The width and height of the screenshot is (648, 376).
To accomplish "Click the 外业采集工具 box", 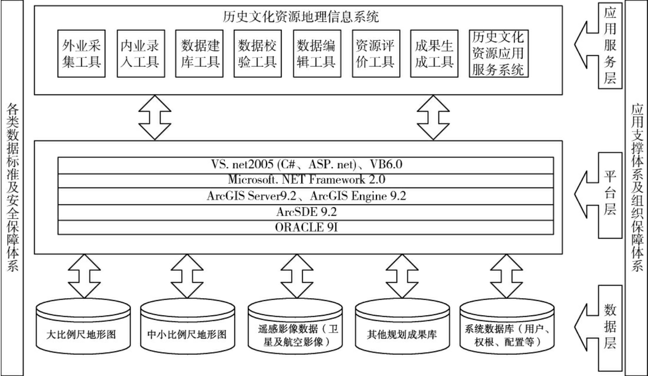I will coord(81,53).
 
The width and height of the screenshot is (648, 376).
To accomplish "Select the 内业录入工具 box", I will coord(140,53).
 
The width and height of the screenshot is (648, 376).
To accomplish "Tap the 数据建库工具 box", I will coord(199,53).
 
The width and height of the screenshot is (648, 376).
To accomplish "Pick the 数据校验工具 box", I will coord(258,53).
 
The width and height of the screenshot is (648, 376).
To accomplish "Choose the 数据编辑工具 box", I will coord(317,53).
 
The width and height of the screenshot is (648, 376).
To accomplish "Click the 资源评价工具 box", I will coord(376,53).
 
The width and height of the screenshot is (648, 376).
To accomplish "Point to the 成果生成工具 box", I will coord(434,53).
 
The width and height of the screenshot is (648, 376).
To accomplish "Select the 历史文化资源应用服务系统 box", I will coord(498,53).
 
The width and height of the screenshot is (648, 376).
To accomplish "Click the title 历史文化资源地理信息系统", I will coord(301,17).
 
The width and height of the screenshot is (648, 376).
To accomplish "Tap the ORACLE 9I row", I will coord(306,227).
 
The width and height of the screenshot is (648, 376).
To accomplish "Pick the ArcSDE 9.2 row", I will coord(306,212).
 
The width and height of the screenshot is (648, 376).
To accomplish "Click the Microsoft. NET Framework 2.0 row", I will coord(306,180).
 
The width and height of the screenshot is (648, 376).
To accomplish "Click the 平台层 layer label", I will coord(610,194).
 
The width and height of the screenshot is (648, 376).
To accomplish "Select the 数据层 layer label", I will coord(610,327).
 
